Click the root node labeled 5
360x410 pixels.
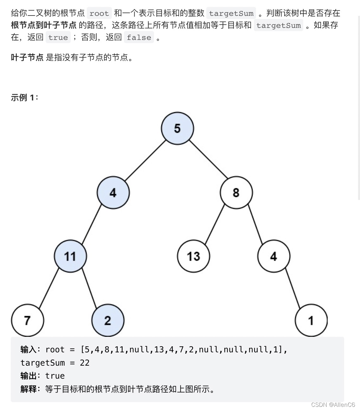tap(177, 128)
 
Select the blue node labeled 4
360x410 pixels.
tap(113, 193)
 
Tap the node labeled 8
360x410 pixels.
tap(236, 193)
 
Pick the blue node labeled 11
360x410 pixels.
tap(70, 256)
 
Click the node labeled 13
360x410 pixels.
tap(193, 256)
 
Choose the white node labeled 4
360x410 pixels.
tap(274, 256)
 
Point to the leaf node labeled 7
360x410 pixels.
tap(28, 320)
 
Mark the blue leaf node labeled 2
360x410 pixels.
tap(108, 320)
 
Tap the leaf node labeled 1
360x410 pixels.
tap(311, 320)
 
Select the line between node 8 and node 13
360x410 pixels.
tap(215, 224)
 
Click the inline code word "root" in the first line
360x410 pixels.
tap(99, 13)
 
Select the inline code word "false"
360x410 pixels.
tap(139, 37)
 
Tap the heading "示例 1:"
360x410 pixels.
tap(24, 97)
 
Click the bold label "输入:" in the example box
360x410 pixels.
tap(30, 349)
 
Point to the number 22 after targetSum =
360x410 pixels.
tap(85, 363)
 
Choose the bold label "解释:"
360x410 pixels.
tap(30, 389)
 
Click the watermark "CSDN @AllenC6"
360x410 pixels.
tap(333, 405)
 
